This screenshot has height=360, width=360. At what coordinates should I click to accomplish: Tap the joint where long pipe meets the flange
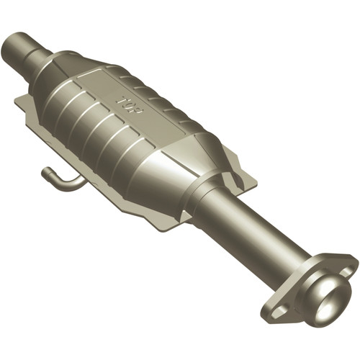[302, 270]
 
